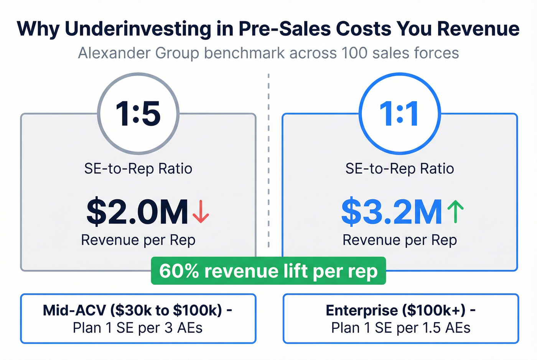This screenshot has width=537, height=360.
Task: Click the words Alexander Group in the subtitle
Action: pos(138,53)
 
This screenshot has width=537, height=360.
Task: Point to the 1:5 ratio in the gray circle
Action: pos(138,114)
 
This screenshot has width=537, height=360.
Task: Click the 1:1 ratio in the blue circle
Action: pos(399,114)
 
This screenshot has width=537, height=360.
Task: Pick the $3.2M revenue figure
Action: pos(392,212)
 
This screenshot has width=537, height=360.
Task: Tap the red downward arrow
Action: pos(201,212)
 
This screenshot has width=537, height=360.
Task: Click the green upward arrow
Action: pos(455,212)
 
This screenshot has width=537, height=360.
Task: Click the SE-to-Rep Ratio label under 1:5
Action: pos(138,169)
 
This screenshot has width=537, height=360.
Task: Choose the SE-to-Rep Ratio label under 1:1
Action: pos(400,169)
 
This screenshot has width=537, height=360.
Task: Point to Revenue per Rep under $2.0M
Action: pos(138,240)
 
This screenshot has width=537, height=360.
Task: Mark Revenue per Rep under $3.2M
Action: pos(400,240)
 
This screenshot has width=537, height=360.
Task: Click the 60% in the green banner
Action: pos(179,271)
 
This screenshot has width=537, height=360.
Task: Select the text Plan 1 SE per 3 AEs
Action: pos(138,328)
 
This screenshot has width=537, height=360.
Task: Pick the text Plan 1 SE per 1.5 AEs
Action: pos(401,328)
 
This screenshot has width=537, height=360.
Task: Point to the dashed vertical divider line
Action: pos(268,161)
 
